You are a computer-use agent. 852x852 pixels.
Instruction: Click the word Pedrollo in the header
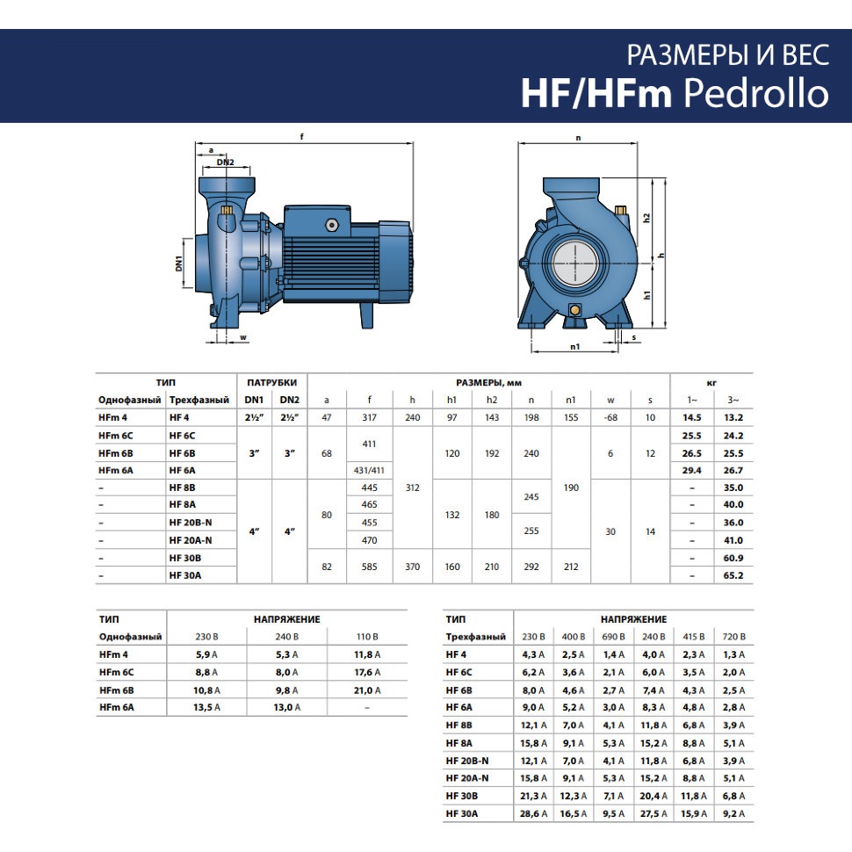click(x=756, y=93)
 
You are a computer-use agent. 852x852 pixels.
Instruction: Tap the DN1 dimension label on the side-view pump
click(x=179, y=264)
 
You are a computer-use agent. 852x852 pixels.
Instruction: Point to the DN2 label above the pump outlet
click(x=225, y=162)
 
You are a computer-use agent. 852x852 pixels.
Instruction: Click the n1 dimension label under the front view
click(x=575, y=347)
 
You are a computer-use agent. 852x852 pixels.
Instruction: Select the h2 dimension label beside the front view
click(x=646, y=218)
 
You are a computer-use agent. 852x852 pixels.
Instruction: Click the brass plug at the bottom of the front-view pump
click(x=574, y=310)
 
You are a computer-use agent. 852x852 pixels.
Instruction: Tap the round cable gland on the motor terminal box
click(x=331, y=226)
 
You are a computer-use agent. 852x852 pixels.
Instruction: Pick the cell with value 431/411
click(x=369, y=471)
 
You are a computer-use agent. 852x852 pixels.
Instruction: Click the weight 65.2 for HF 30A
click(x=733, y=575)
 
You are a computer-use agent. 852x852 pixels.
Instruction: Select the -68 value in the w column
click(x=610, y=418)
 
